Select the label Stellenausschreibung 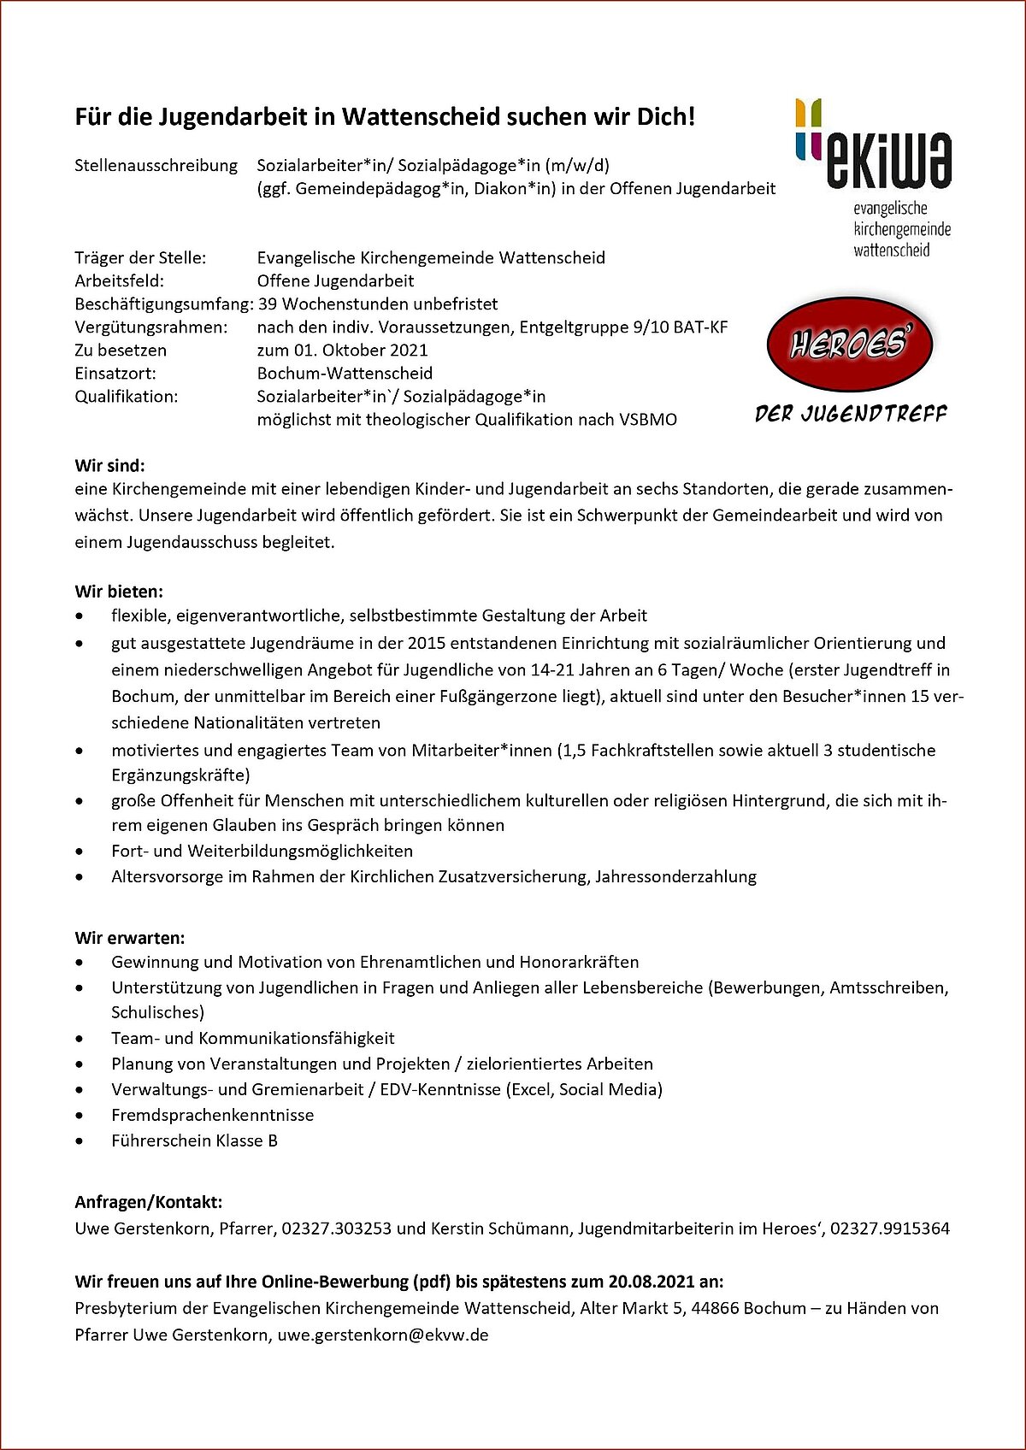pos(156,165)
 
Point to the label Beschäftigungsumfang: pos(162,304)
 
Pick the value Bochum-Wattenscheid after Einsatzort pos(345,373)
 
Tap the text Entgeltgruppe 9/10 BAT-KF pos(623,327)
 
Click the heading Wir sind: pos(110,466)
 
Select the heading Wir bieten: pos(119,591)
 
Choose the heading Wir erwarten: pos(130,937)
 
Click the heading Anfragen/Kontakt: pos(149,1202)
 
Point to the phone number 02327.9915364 pos(890,1229)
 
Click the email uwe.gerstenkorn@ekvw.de pos(383,1335)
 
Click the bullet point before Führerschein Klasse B pos(80,1141)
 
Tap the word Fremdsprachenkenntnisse pos(212,1115)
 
